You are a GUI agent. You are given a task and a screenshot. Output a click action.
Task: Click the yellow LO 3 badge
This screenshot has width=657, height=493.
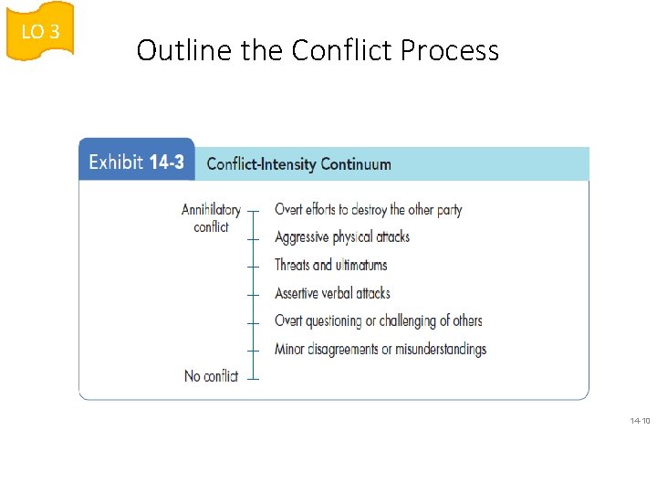tap(40, 31)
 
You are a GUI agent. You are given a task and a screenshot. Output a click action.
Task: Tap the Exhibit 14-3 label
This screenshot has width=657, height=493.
tap(136, 163)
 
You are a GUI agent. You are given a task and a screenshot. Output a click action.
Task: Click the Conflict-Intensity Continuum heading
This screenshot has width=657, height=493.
tap(298, 164)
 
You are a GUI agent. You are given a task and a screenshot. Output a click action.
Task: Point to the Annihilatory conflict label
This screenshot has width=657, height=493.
tap(211, 218)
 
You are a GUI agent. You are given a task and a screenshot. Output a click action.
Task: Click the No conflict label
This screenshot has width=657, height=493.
tap(211, 376)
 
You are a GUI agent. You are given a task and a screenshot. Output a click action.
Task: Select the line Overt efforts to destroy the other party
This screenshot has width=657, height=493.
tap(368, 209)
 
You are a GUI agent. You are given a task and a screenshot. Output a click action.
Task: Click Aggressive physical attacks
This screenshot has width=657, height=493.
tap(342, 237)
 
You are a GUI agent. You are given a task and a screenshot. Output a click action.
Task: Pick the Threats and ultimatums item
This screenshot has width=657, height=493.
tap(330, 265)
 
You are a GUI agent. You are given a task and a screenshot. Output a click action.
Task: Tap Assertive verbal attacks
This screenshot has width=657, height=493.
tap(332, 293)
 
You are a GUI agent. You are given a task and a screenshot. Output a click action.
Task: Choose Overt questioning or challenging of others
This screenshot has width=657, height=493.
tap(378, 320)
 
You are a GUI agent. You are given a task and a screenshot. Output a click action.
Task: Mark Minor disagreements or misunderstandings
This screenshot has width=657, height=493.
tap(381, 349)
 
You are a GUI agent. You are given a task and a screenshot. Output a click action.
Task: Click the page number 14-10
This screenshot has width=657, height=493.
tap(640, 421)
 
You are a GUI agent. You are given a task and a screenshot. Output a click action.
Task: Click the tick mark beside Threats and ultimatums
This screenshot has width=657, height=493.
tap(254, 266)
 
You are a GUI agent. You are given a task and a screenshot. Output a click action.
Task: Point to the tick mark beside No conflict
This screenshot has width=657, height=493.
tap(254, 376)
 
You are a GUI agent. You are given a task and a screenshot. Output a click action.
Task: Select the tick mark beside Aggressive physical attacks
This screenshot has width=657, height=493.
tap(254, 237)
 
